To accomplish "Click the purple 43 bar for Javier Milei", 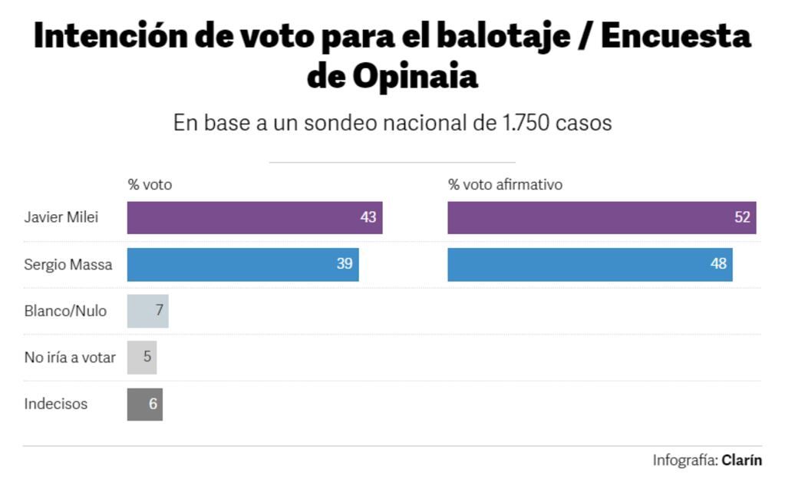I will pyautogui.click(x=254, y=217).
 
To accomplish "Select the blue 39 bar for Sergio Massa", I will pyautogui.click(x=242, y=264).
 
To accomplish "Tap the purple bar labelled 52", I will pyautogui.click(x=601, y=217).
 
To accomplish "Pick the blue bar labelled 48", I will pyautogui.click(x=589, y=264).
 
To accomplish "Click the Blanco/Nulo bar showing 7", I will pyautogui.click(x=147, y=311).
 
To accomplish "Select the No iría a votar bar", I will pyautogui.click(x=142, y=357).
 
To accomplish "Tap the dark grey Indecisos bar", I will pyautogui.click(x=145, y=404).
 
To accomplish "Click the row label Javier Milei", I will pyautogui.click(x=61, y=217).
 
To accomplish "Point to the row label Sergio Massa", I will pyautogui.click(x=68, y=265).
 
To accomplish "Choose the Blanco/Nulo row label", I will pyautogui.click(x=65, y=311).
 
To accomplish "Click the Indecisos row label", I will pyautogui.click(x=56, y=404).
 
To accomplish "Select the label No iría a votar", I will pyautogui.click(x=70, y=357).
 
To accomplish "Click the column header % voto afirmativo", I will pyautogui.click(x=505, y=185).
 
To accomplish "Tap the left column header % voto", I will pyautogui.click(x=150, y=185).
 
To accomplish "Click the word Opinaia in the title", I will pyautogui.click(x=415, y=77).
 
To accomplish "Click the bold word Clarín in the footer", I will pyautogui.click(x=741, y=461).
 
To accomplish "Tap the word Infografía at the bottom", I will pyautogui.click(x=684, y=461).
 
